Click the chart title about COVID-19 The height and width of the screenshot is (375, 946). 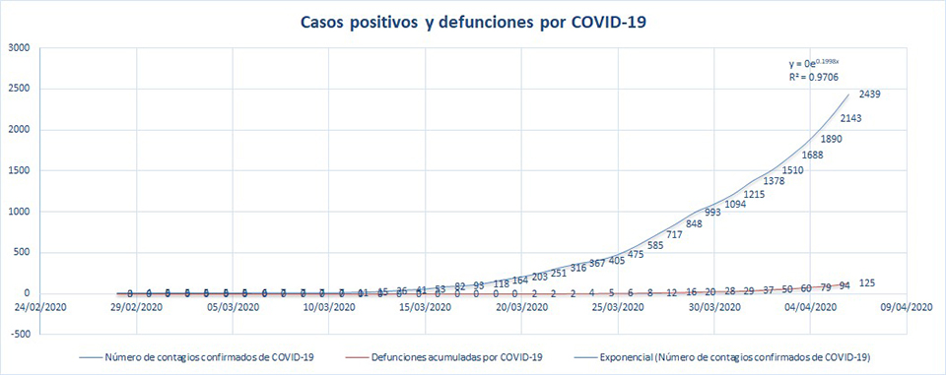click(473, 21)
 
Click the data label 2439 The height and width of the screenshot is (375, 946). click(869, 94)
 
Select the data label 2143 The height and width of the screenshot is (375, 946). click(850, 118)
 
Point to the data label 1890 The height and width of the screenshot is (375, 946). click(832, 139)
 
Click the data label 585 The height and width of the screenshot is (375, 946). click(655, 245)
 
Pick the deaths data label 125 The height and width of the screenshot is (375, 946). click(868, 283)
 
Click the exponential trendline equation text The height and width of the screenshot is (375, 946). click(810, 63)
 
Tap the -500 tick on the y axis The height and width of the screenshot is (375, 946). click(20, 334)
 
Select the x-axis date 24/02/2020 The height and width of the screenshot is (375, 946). click(41, 307)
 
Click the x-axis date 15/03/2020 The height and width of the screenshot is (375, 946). click(426, 307)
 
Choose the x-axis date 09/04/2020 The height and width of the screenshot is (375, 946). click(906, 307)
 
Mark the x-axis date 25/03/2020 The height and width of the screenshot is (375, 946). click(618, 307)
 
